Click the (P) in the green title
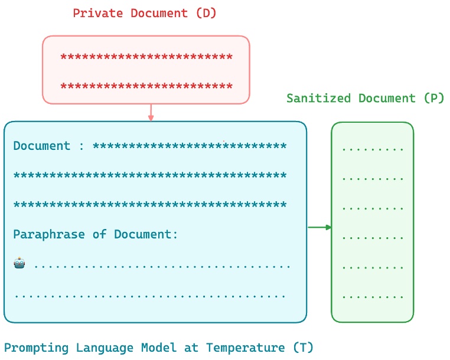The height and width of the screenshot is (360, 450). [x=434, y=99]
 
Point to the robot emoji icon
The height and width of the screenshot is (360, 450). [x=19, y=264]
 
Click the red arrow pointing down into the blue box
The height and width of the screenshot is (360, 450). [x=151, y=113]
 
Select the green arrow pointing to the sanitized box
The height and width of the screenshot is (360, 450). [x=319, y=227]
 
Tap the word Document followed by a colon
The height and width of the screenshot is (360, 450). [x=42, y=146]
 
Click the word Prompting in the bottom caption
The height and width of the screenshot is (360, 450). [x=35, y=348]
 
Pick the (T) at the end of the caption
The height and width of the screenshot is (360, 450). [x=304, y=348]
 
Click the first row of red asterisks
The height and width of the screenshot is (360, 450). [x=146, y=58]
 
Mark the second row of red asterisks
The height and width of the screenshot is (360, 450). [x=146, y=87]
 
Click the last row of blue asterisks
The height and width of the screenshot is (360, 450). [x=150, y=205]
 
